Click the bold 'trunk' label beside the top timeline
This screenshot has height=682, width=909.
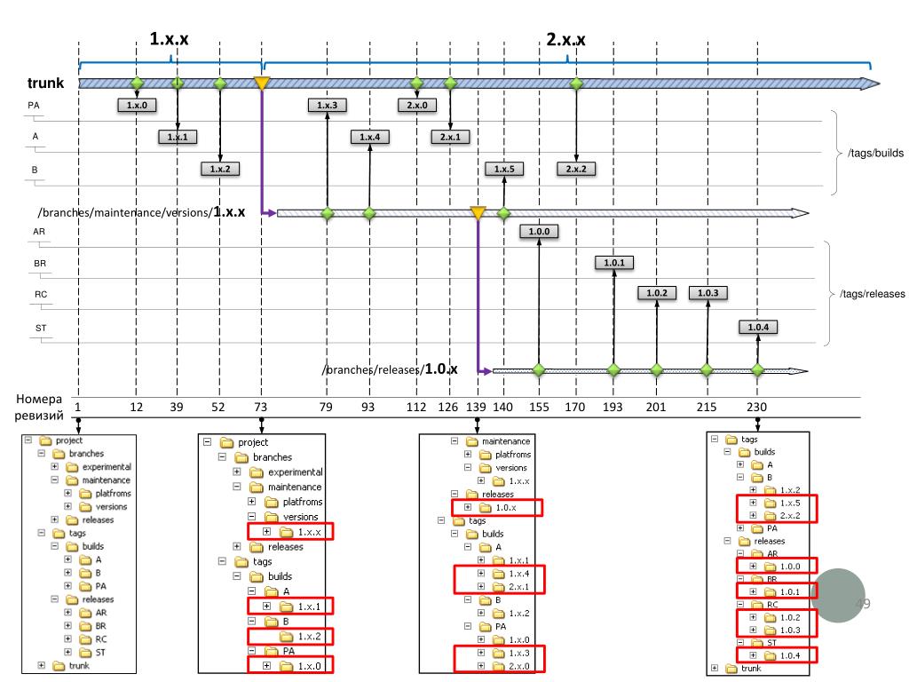[44, 84]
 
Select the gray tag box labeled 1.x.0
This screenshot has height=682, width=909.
[137, 105]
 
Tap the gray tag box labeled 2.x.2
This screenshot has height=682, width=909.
[577, 168]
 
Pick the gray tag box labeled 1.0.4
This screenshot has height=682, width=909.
[757, 327]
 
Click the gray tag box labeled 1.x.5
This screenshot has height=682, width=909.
[504, 168]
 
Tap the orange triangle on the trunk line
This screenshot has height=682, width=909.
[261, 83]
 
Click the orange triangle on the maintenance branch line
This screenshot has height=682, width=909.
[478, 213]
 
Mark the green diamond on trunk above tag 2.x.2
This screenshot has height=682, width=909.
[577, 83]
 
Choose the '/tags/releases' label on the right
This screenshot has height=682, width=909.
[872, 293]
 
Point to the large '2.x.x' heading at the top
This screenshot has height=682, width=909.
[565, 39]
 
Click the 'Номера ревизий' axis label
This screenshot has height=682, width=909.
[42, 407]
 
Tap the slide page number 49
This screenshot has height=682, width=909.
[861, 604]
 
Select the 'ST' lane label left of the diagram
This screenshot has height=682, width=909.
[40, 329]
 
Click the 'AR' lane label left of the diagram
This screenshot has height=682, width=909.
[39, 231]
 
